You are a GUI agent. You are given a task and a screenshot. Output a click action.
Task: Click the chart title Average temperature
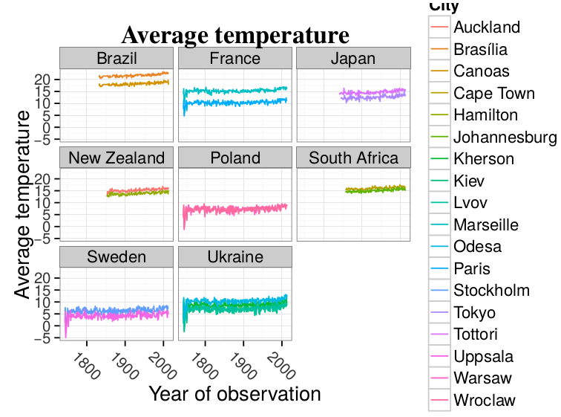[235, 35]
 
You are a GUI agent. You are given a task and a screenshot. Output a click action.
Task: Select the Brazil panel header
[117, 59]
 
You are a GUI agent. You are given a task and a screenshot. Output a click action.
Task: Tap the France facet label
[235, 59]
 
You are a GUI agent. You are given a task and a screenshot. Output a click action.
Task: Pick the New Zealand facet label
[117, 158]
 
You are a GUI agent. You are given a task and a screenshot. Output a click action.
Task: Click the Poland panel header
[235, 158]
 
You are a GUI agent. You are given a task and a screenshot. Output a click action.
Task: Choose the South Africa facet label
[353, 158]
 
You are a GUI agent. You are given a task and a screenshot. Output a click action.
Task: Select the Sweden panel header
[117, 257]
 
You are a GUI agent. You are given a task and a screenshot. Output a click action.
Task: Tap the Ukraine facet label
[235, 257]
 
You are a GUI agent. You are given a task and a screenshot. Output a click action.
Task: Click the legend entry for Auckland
[486, 28]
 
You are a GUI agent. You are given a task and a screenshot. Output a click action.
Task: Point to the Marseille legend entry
[486, 225]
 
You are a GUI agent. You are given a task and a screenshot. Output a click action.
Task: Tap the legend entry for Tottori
[479, 334]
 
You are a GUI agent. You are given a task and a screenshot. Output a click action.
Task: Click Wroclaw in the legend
[485, 401]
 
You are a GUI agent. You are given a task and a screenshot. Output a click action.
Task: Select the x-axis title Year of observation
[234, 393]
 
